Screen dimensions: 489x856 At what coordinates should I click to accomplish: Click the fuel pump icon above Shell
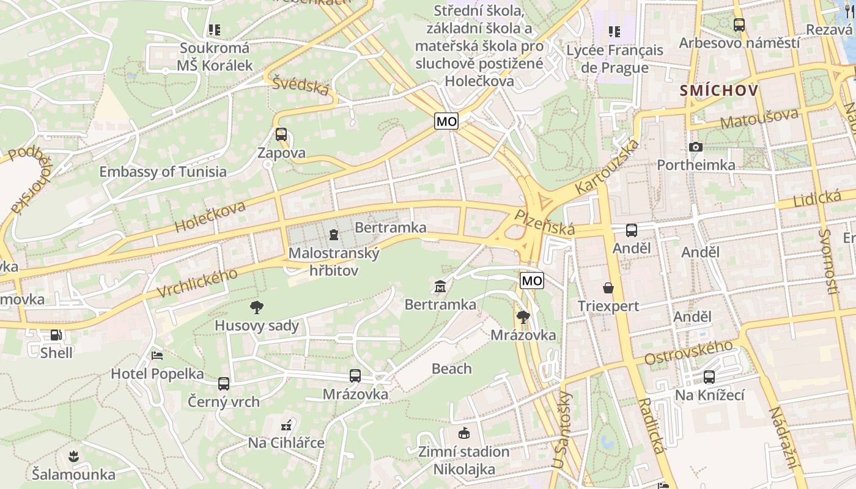[56, 335]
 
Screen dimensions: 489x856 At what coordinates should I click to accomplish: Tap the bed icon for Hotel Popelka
[157, 355]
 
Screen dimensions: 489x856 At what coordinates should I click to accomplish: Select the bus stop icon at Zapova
[281, 134]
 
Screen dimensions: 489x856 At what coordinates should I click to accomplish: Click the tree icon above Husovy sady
[257, 307]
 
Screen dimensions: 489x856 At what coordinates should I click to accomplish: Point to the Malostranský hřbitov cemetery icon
[333, 234]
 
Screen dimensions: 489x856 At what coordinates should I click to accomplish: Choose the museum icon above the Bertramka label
[440, 285]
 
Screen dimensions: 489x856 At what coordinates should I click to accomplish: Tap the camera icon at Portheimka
[695, 147]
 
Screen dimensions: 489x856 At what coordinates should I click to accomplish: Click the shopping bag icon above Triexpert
[608, 287]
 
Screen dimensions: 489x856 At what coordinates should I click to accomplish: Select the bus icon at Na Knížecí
[709, 377]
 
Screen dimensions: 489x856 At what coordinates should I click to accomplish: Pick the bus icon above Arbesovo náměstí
[739, 25]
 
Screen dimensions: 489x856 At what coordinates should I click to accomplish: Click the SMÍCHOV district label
[719, 91]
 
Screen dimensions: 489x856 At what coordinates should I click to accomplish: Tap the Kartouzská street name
[608, 167]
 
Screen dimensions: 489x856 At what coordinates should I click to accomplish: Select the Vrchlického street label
[197, 283]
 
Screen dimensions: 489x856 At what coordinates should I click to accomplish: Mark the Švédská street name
[301, 86]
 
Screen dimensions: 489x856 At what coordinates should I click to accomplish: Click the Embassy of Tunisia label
[163, 172]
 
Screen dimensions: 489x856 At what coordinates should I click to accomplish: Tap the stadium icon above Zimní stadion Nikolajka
[463, 433]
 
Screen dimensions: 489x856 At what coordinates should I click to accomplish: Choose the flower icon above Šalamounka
[73, 455]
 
